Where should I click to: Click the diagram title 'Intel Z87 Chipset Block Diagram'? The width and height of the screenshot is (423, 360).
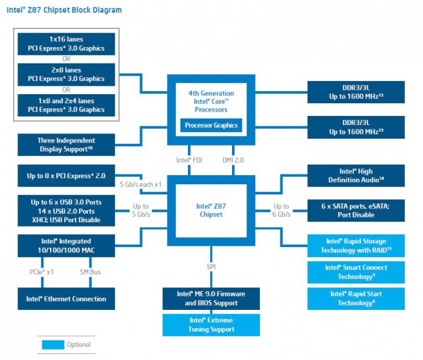[x=64, y=10]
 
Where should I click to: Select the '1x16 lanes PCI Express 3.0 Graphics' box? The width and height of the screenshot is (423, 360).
[x=66, y=43]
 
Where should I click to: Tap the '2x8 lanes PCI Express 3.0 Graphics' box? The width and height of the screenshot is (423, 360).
[x=66, y=74]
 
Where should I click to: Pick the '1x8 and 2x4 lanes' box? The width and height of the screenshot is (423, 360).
[x=66, y=105]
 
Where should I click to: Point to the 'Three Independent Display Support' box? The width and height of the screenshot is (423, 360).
[x=66, y=144]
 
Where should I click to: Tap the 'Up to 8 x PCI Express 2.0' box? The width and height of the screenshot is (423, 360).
[x=66, y=176]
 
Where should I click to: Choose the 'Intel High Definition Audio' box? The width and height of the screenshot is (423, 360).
[x=356, y=176]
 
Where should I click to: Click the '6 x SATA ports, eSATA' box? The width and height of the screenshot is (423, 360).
[x=356, y=210]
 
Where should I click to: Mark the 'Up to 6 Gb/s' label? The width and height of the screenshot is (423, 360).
[x=282, y=210]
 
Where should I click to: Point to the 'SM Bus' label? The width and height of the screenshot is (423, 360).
[x=90, y=272]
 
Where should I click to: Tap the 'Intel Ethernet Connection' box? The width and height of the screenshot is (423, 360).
[x=66, y=298]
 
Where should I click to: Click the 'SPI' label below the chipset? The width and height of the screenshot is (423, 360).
[x=211, y=266]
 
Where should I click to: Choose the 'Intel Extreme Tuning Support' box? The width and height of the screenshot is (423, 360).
[x=211, y=325]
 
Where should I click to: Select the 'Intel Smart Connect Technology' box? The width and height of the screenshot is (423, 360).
[x=356, y=272]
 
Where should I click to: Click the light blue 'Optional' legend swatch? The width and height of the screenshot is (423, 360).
[x=53, y=345]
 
